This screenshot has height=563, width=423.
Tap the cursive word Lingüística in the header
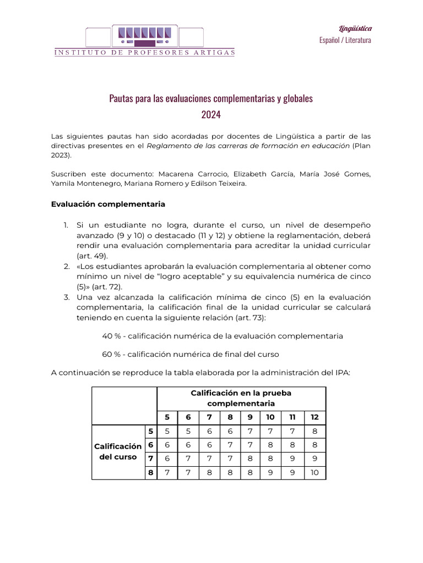coord(355,29)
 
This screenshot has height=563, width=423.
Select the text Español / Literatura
coord(345,40)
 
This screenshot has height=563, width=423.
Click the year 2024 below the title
coord(211,115)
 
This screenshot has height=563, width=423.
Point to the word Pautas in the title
coord(121,99)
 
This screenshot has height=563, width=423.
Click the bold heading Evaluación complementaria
coord(108,204)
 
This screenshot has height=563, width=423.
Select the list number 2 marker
coord(66,266)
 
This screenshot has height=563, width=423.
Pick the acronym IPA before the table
coord(341,372)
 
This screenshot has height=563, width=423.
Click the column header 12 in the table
coord(314,417)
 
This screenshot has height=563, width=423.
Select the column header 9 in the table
coord(250,417)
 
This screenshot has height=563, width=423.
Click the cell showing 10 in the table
coord(314,472)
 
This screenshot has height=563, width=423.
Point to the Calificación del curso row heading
coord(117,451)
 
